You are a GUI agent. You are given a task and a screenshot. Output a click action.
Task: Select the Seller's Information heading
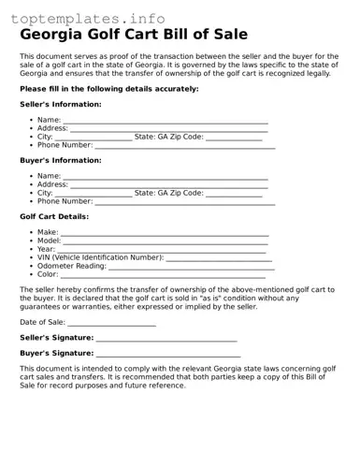(x=61, y=104)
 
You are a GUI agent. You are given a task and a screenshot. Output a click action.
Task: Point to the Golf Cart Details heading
(x=54, y=216)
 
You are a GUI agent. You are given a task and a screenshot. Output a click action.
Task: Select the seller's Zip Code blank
(x=234, y=139)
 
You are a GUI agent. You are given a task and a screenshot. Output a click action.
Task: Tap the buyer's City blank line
(x=94, y=195)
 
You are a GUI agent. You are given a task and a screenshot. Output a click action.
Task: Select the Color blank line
(x=164, y=276)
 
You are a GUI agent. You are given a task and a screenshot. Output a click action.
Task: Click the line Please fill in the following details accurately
(x=108, y=88)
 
